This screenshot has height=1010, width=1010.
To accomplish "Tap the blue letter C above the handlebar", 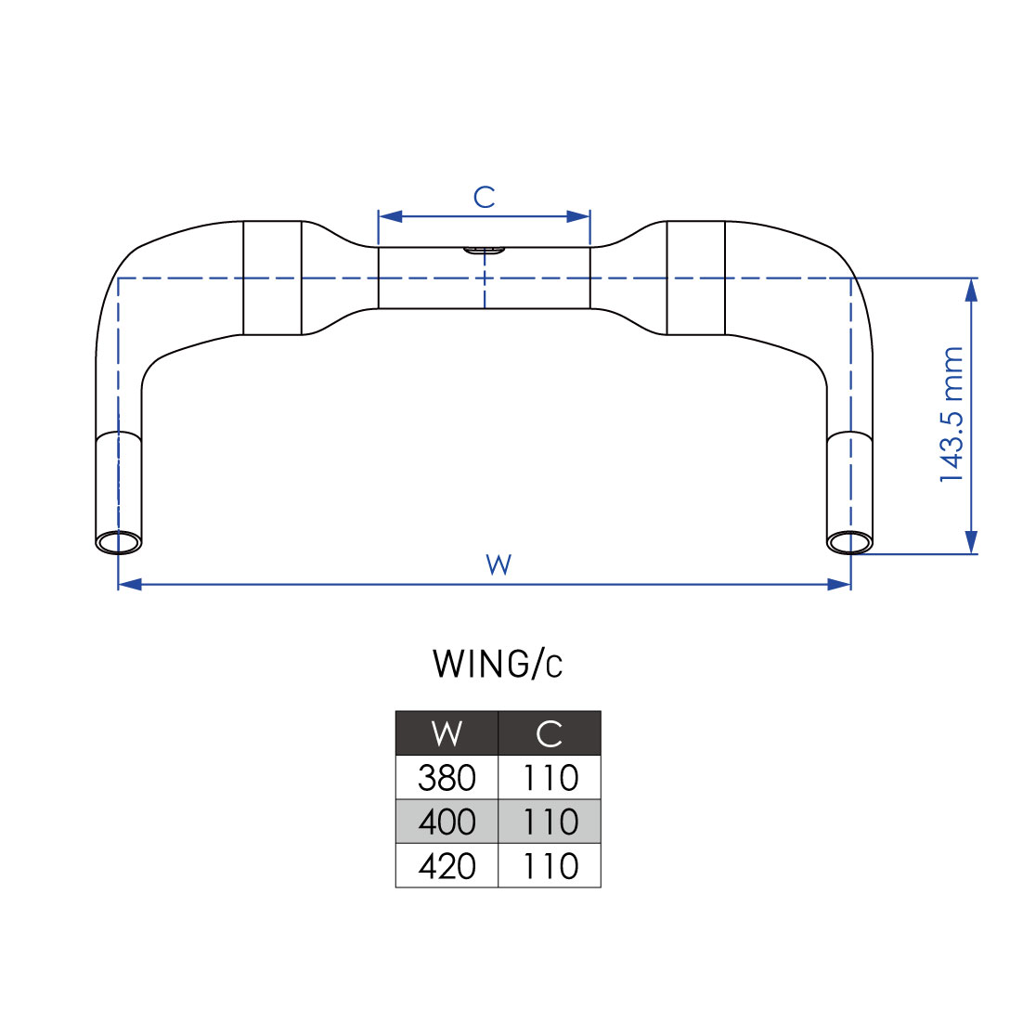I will click(x=484, y=197).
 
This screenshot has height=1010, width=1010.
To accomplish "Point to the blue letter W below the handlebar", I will click(x=499, y=564).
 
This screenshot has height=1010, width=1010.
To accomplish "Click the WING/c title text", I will click(x=498, y=664).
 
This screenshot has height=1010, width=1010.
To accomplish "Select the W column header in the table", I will click(x=447, y=733).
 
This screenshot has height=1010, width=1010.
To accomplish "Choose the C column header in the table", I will click(x=550, y=733).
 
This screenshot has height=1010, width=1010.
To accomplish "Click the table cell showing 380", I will click(x=447, y=777).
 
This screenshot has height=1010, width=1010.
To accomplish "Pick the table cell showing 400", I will click(x=447, y=822).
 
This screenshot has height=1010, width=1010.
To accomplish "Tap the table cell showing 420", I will click(x=447, y=866).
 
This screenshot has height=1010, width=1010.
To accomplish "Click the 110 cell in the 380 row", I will click(x=550, y=777).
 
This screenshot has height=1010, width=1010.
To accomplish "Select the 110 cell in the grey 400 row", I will click(x=550, y=822).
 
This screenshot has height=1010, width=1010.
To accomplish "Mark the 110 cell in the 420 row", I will click(x=550, y=866).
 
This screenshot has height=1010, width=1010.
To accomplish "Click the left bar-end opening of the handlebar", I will click(x=119, y=543).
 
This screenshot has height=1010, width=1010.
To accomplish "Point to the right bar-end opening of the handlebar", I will click(x=849, y=541).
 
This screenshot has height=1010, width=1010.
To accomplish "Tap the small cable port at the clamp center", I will click(x=484, y=251).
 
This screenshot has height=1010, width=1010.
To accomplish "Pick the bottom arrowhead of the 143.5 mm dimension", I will click(x=971, y=542).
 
